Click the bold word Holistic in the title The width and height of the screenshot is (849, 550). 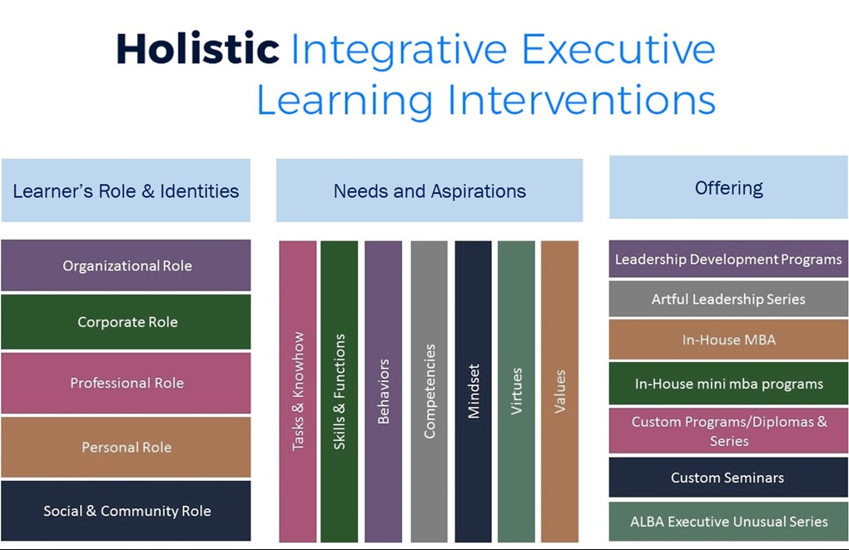(198, 50)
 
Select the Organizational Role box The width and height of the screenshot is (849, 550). (126, 266)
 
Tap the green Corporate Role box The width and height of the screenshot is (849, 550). (126, 322)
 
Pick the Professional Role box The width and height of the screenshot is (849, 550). (126, 383)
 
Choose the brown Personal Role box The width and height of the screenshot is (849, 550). (126, 447)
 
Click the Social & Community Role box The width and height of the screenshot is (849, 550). (126, 511)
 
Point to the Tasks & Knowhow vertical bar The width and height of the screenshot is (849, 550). (298, 391)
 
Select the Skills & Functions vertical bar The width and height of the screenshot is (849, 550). (339, 391)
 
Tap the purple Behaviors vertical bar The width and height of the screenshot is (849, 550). (383, 391)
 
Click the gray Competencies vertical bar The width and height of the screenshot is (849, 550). (429, 391)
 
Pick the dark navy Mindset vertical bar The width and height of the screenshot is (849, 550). (474, 391)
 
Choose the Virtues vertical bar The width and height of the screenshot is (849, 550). (516, 391)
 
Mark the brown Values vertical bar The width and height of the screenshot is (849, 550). (559, 391)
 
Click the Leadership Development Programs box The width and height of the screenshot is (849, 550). (728, 259)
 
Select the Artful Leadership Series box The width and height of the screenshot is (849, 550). (728, 299)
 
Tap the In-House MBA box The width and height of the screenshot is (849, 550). (728, 339)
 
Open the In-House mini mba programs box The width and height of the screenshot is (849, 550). (728, 384)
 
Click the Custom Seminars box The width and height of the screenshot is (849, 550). (728, 478)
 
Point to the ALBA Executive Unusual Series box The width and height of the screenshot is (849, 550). (728, 522)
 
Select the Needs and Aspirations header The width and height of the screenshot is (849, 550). (429, 191)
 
